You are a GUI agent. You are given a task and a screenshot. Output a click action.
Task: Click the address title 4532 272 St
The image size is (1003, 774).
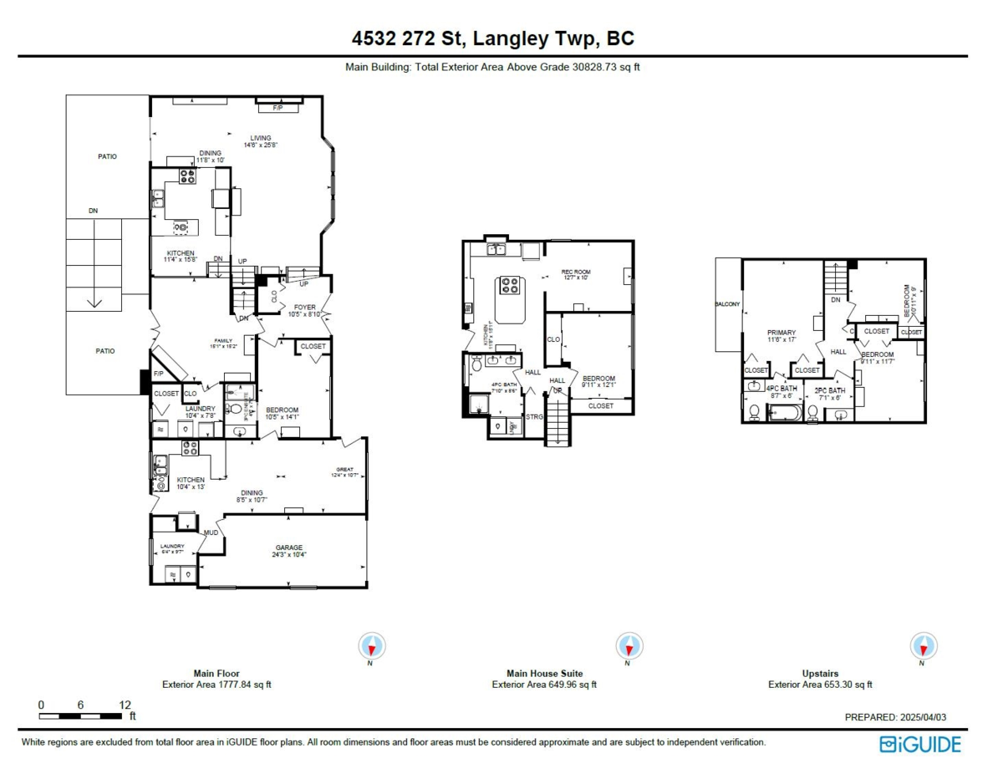point(492,38)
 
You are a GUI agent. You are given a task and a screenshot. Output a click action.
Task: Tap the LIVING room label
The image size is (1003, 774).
point(261,138)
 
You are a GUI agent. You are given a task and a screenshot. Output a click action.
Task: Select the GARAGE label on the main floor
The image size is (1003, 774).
point(289,548)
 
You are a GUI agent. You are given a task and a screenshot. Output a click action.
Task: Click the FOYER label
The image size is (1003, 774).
point(304,307)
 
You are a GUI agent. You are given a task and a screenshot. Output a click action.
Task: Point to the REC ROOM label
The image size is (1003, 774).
point(575,272)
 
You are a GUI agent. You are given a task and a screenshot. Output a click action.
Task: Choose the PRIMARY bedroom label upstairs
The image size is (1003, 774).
point(782,333)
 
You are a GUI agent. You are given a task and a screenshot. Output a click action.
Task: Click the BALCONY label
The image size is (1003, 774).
point(727,304)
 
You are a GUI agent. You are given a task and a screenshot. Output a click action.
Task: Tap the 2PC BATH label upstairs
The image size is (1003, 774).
point(830,390)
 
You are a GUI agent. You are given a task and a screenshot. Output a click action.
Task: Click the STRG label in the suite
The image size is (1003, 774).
point(533,416)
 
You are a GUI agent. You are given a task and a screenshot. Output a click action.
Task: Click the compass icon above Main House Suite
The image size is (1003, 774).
point(628,646)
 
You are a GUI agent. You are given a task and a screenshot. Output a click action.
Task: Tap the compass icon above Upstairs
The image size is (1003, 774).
point(923,646)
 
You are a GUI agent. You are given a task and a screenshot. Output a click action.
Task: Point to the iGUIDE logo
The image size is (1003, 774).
point(920,744)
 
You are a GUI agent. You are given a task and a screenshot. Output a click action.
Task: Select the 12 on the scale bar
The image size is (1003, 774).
point(125,705)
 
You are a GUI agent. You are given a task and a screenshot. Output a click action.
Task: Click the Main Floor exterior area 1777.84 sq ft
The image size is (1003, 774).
point(216,685)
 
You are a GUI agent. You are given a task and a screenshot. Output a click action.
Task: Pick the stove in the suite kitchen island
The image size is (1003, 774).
point(509,286)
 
